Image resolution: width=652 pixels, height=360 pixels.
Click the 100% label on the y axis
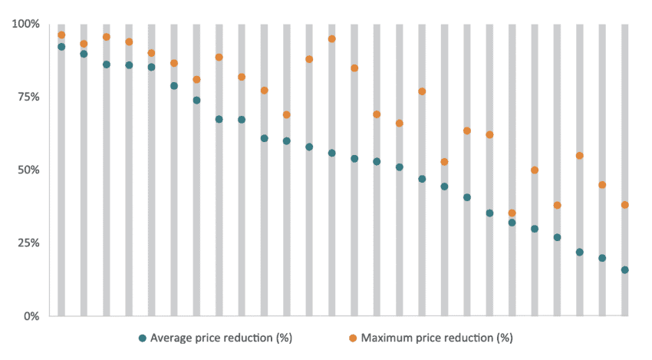(x=25, y=24)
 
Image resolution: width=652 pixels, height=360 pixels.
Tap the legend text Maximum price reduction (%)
(x=436, y=337)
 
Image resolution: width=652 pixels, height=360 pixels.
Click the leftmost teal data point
(x=61, y=47)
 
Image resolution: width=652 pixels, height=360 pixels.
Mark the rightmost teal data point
(x=625, y=270)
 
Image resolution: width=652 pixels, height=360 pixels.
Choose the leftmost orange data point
(x=61, y=35)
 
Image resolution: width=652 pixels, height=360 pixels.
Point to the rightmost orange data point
(x=625, y=205)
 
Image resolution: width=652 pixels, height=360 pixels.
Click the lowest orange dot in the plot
(x=512, y=213)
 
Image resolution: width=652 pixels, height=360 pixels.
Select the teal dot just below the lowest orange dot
(x=512, y=223)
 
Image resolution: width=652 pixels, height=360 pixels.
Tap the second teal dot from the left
(x=84, y=54)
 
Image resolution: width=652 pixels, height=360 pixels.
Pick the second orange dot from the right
(x=602, y=185)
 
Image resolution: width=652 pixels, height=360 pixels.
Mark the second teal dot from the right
(x=602, y=258)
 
